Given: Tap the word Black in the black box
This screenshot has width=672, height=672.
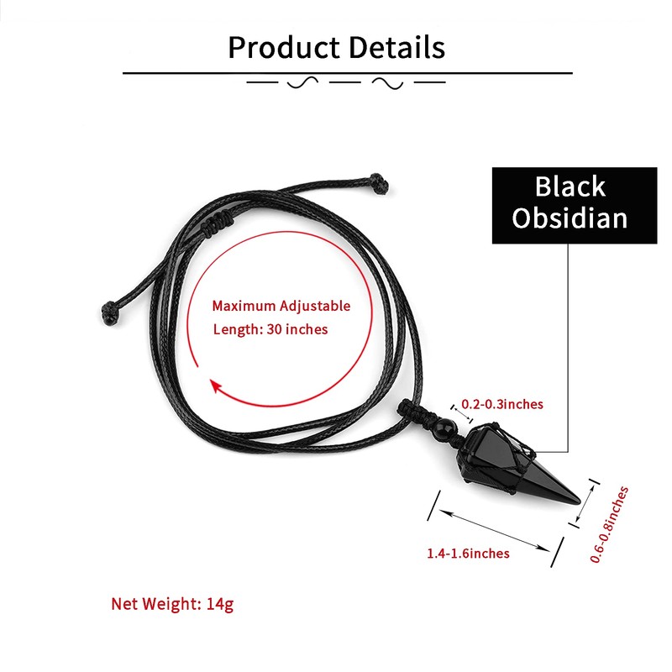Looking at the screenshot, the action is [570, 186].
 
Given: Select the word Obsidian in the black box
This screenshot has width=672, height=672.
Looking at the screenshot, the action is [570, 218].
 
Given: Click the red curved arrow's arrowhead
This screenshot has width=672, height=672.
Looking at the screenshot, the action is [216, 387].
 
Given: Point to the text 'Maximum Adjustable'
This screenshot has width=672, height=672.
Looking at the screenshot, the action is [281, 307].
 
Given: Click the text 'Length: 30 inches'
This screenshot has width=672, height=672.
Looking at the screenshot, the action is [270, 329].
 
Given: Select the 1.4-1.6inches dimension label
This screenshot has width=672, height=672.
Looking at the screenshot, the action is [468, 553].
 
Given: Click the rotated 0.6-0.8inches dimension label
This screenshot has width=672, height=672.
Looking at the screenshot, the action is [609, 524].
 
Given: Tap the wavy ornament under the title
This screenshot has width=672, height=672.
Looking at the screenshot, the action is [345, 83].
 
